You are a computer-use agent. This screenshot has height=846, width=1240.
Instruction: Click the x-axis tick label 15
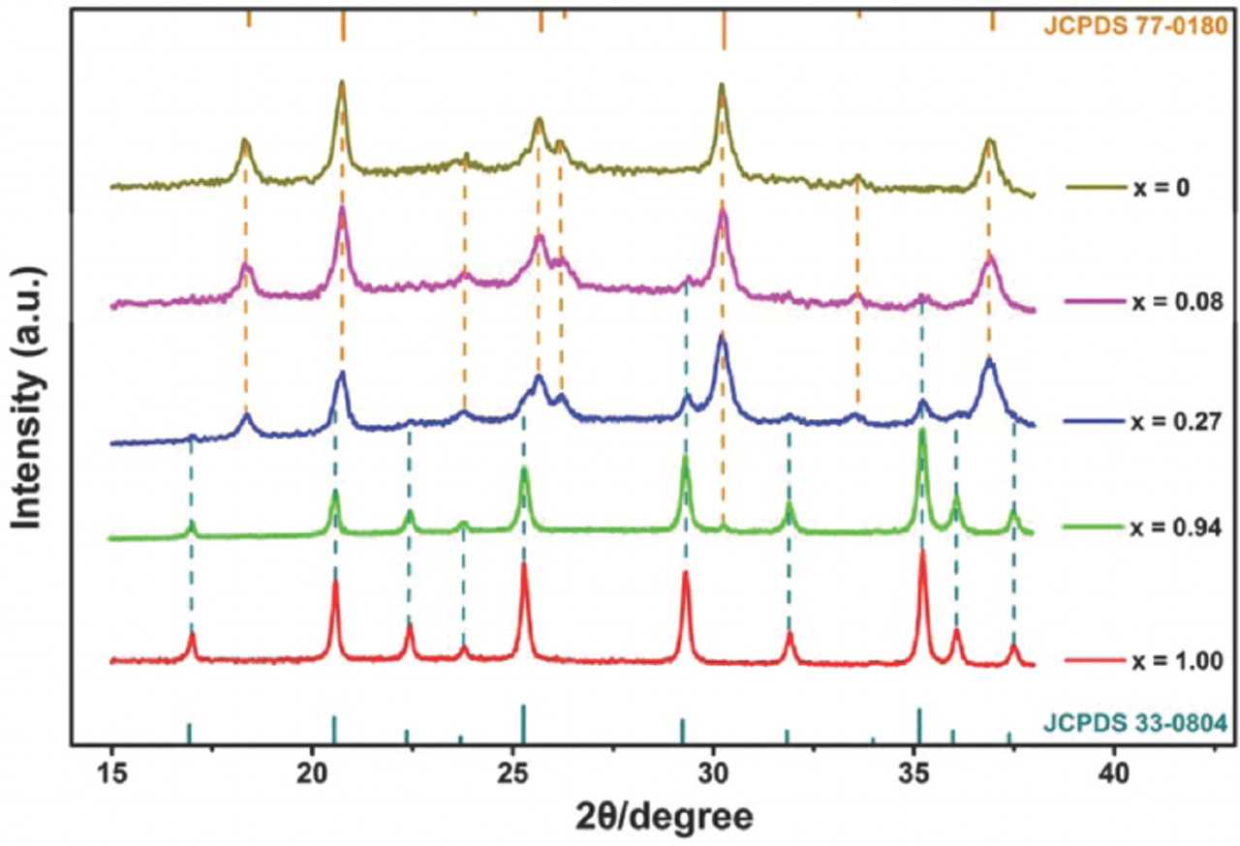(x=111, y=775)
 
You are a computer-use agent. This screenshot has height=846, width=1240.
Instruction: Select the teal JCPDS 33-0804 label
(x=1133, y=722)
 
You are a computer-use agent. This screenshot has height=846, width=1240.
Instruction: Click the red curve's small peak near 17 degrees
(x=192, y=634)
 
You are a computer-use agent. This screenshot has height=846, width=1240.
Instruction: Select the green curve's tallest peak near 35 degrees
(x=922, y=431)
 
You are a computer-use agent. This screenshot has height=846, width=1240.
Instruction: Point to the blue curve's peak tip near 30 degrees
(x=722, y=336)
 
